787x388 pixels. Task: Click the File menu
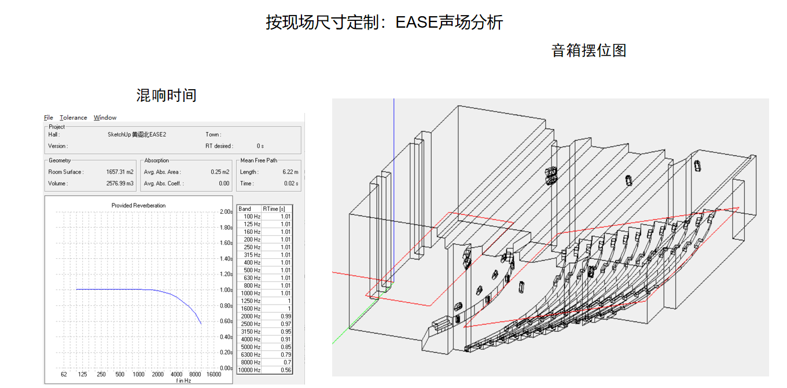pos(49,118)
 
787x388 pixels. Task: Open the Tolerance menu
pos(73,118)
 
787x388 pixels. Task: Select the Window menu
pos(105,118)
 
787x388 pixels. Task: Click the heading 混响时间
pos(167,96)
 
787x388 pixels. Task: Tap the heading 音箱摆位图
pos(589,50)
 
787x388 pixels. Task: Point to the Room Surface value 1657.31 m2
pos(120,172)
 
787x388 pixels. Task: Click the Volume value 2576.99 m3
pos(119,184)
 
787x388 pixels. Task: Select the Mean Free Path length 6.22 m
pos(290,172)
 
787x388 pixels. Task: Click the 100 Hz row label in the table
pos(252,217)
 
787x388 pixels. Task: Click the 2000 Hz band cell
pos(252,317)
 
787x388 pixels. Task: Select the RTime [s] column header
pos(274,209)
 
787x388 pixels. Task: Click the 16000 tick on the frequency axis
pos(214,375)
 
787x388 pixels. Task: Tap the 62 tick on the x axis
pos(64,375)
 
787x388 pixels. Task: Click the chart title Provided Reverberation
pos(138,206)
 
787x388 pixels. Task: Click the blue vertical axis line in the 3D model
pos(394,174)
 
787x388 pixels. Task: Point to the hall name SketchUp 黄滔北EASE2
pos(137,134)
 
